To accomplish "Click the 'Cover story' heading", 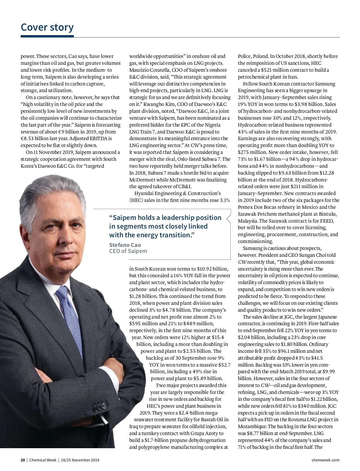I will click(47, 27).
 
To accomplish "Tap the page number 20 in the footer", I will click(22, 460).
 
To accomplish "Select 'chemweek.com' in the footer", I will click(325, 460).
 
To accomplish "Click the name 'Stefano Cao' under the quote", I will click(125, 245).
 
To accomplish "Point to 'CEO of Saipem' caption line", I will click(128, 251).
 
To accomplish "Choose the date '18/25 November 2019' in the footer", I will click(80, 460).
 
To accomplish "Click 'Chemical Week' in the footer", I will click(43, 460).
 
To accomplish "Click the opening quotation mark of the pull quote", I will click(111, 217).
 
